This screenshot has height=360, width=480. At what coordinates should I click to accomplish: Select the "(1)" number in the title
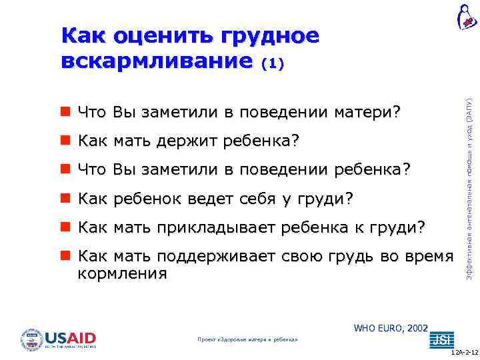click(273, 63)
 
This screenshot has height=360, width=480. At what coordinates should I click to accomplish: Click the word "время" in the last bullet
click(427, 257)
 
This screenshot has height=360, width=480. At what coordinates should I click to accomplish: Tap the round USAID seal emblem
click(31, 340)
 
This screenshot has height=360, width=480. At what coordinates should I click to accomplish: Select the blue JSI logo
click(441, 339)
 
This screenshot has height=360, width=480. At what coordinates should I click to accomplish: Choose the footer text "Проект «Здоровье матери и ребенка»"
click(248, 339)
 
